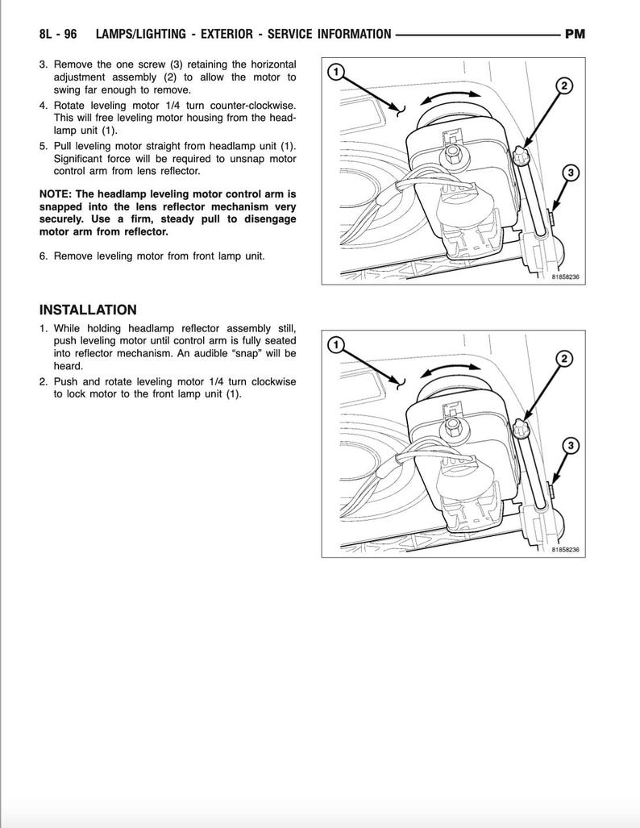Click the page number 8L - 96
(x=57, y=34)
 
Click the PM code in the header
(x=575, y=34)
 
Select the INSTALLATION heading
(x=88, y=310)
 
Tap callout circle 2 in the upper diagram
(x=565, y=86)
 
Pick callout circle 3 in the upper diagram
(x=571, y=172)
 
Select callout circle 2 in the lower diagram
(x=565, y=359)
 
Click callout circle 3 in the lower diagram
(x=571, y=445)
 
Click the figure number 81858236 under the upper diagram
(x=566, y=277)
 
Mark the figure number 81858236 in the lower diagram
(x=566, y=551)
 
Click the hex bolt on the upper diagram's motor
(x=453, y=150)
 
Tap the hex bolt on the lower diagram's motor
(x=453, y=423)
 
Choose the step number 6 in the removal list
(x=44, y=256)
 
